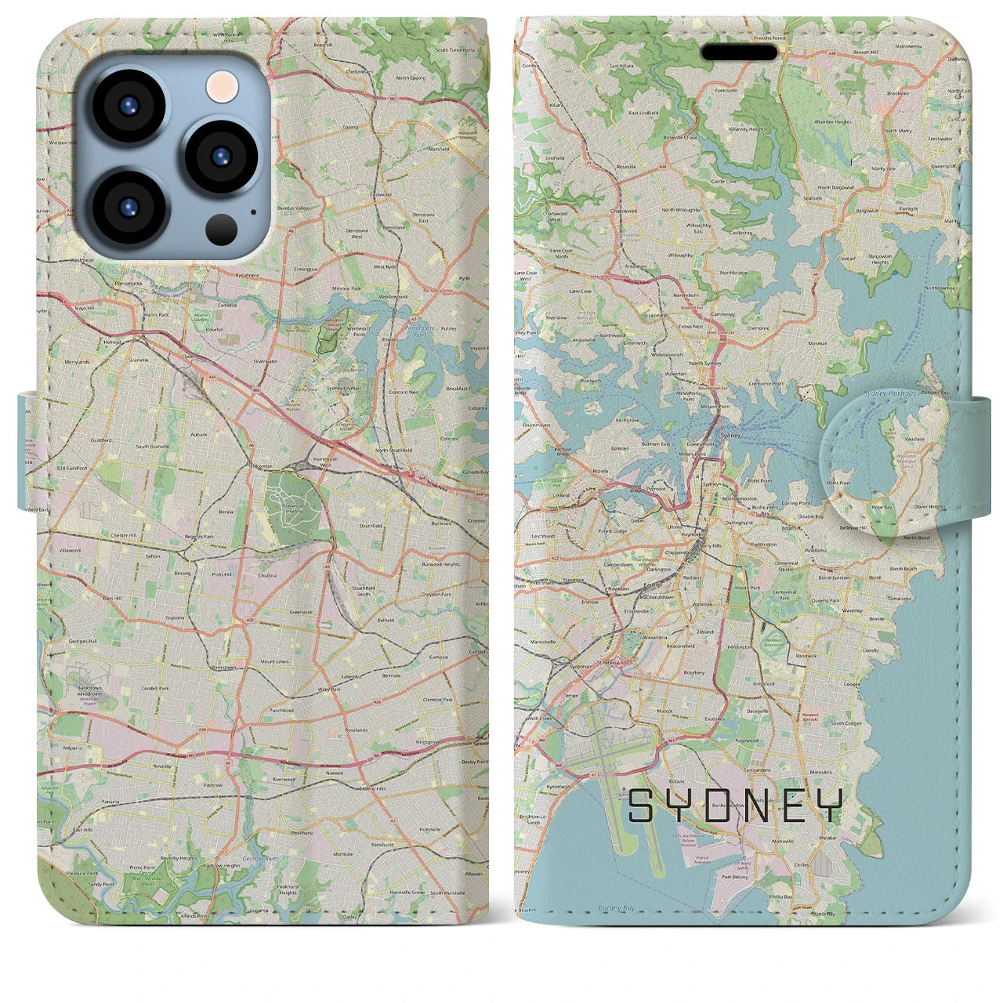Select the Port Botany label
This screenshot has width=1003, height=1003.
coord(735,877)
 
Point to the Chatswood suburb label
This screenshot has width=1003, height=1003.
coord(623,211)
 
